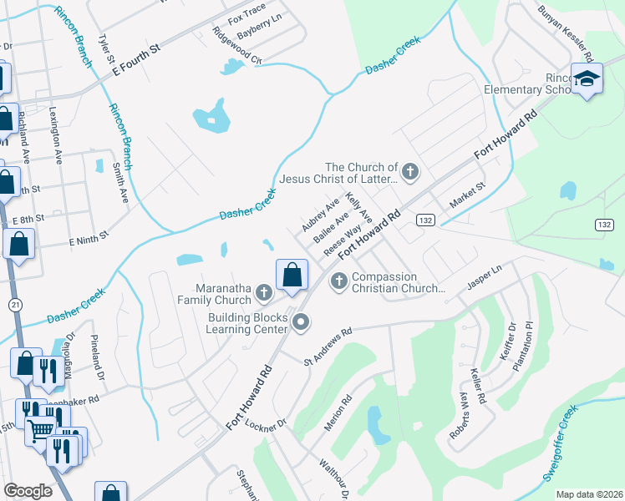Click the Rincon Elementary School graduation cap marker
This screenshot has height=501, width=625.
587,79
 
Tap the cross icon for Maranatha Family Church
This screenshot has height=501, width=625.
264,291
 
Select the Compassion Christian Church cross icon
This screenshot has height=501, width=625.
339,280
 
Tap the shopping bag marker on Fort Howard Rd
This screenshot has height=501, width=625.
292,275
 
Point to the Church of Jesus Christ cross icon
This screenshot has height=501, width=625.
409,173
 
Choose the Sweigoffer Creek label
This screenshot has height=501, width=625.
560,445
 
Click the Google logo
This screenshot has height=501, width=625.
28,491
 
